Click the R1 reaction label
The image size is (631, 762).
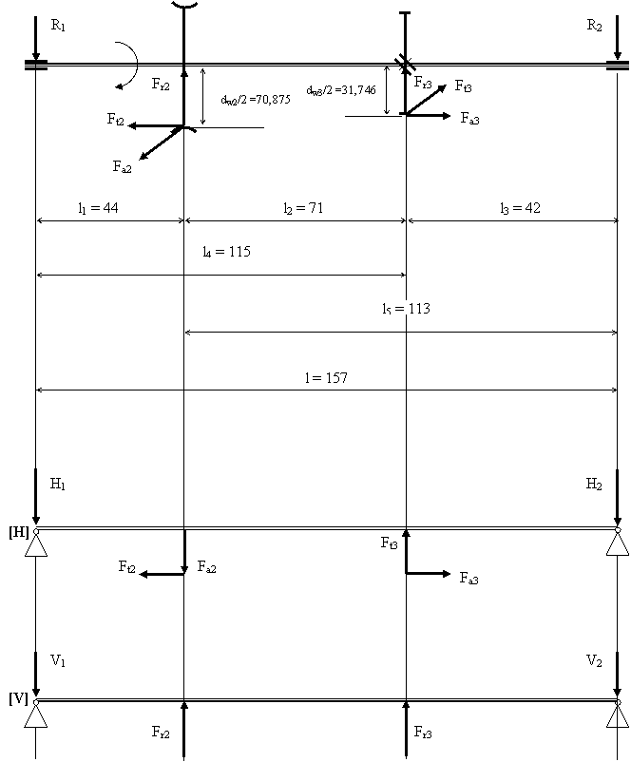point(59,27)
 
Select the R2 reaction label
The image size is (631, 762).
point(595,27)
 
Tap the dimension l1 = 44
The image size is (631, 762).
point(99,209)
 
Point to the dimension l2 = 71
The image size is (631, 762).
point(304,209)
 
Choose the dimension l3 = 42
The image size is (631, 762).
point(522,209)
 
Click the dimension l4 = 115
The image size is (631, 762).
point(227,252)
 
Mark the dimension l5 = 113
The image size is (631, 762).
point(407,308)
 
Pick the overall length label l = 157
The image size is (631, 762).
point(327,377)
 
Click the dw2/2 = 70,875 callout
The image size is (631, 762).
point(256,99)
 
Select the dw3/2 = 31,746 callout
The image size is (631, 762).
point(342,89)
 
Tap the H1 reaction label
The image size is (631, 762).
point(59,485)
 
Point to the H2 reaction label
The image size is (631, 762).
point(595,485)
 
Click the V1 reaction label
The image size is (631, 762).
point(59,660)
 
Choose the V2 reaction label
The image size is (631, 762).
point(595,660)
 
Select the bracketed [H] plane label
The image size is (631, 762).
point(18,532)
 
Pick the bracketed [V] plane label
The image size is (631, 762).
point(18,699)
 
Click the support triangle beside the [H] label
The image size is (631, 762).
point(36,544)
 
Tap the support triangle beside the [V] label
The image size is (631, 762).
point(36,714)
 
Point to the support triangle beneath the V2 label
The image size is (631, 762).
point(618,714)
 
